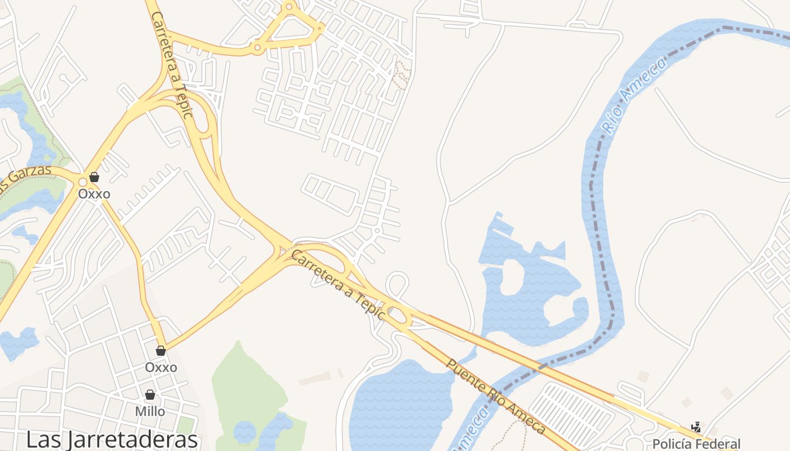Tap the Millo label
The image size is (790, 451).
coord(150,412)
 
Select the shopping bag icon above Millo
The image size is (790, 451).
coord(150,395)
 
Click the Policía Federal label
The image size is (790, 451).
coord(696,444)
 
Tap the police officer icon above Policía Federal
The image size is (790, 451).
coord(696,427)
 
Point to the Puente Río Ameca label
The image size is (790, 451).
coord(496,395)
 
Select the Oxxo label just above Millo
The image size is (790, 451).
coord(161,368)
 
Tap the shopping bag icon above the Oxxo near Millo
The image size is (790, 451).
coord(161,351)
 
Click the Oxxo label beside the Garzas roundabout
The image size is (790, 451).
coord(94,194)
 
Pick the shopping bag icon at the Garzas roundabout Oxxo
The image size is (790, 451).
coord(94,177)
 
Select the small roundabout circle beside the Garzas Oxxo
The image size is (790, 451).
coord(83,182)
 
